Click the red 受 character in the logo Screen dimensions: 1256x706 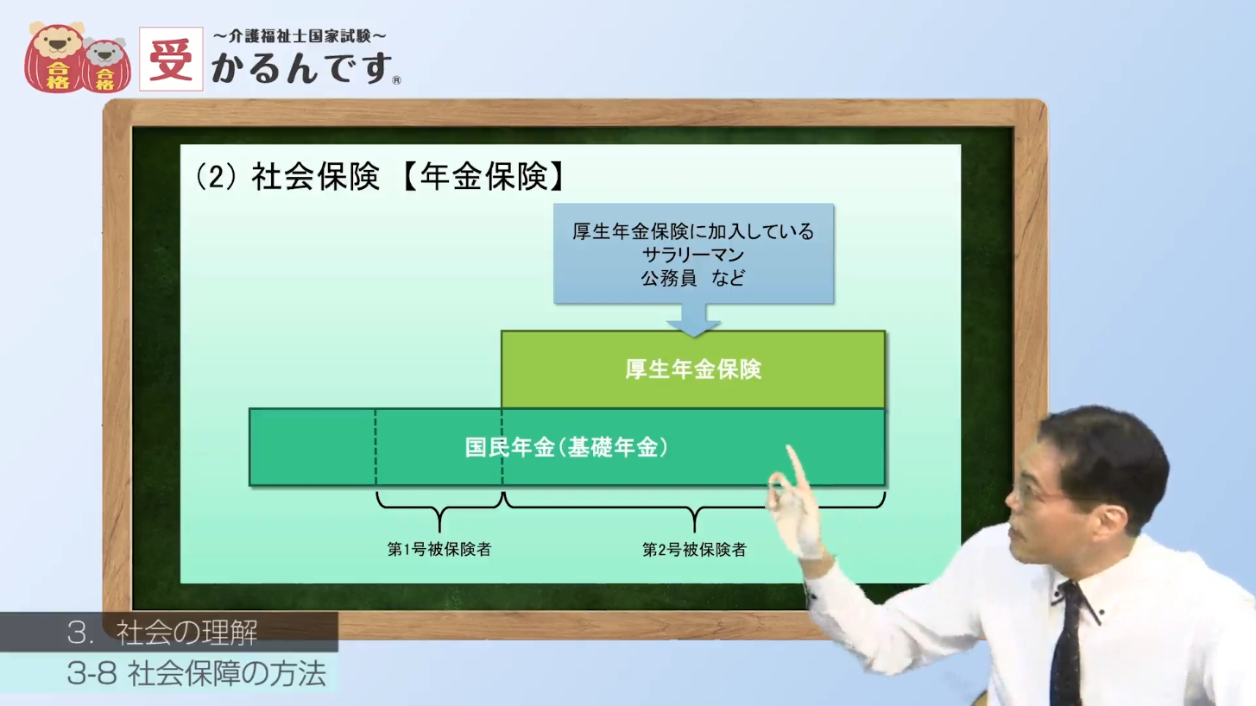(x=171, y=60)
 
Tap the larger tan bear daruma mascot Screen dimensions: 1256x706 (x=55, y=57)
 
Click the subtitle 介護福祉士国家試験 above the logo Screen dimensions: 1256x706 (x=300, y=36)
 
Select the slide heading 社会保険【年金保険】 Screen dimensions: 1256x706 (x=380, y=177)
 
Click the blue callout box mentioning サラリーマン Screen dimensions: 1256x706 (x=693, y=254)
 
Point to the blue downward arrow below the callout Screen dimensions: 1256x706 (x=693, y=319)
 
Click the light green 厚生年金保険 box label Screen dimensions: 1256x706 (x=693, y=369)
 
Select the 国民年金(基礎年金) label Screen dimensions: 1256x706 (x=566, y=447)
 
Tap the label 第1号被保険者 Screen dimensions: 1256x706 (x=439, y=550)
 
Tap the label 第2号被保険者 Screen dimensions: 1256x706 (x=694, y=550)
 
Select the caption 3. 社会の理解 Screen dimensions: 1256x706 (x=162, y=633)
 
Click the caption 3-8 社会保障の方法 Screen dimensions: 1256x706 (x=196, y=673)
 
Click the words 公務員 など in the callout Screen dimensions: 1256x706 (x=693, y=278)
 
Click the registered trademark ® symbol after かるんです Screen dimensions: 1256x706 (x=397, y=80)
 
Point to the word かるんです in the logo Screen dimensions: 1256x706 (x=301, y=67)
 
